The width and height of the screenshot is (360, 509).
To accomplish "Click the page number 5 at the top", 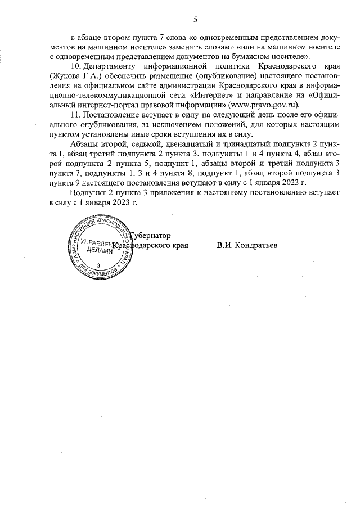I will click(195, 20).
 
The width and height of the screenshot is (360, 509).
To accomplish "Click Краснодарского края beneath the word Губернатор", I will click(150, 246).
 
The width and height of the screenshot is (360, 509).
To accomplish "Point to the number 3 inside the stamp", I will click(99, 265).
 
